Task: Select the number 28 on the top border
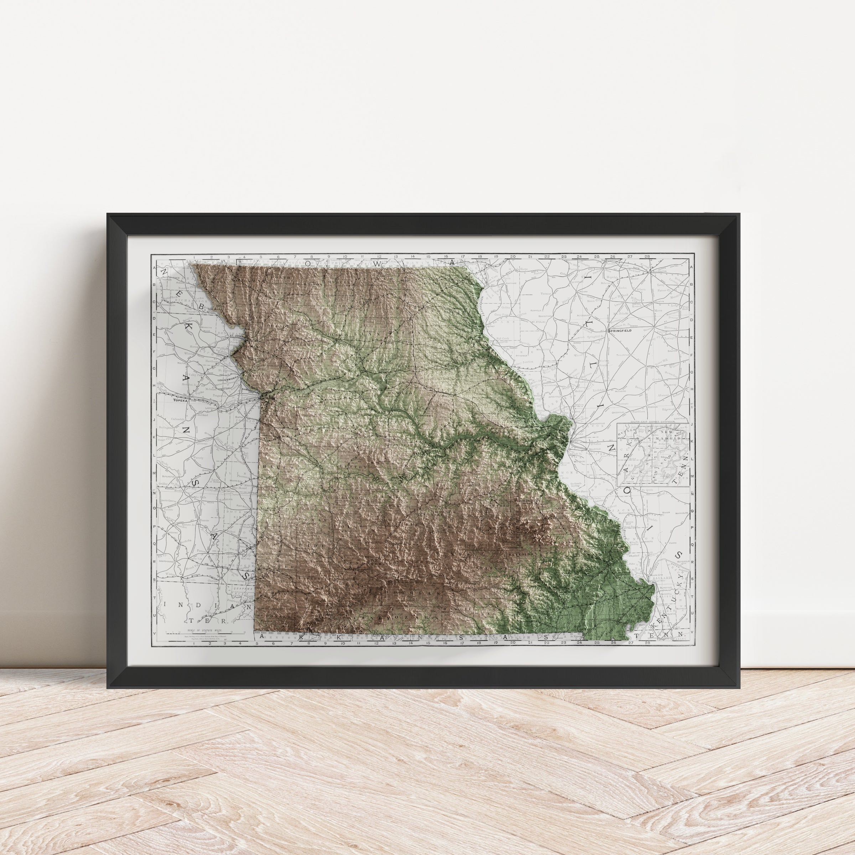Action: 647,256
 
